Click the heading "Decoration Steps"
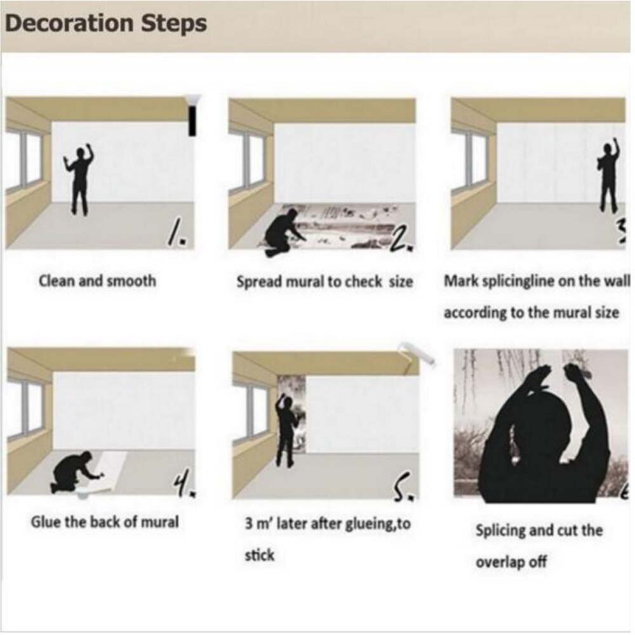[105, 23]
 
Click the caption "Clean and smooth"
[97, 280]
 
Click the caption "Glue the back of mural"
[105, 522]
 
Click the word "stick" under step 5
[259, 556]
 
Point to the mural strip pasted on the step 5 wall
[293, 413]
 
